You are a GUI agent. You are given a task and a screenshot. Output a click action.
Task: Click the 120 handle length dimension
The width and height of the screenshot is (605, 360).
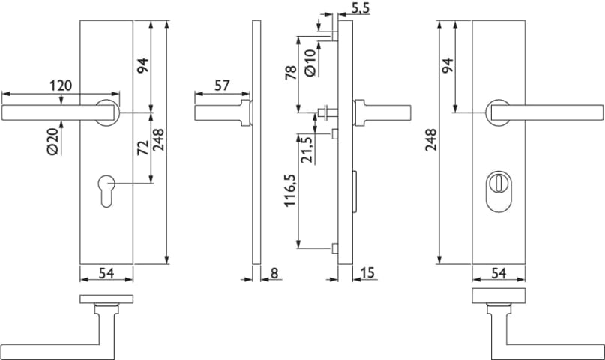[61, 85]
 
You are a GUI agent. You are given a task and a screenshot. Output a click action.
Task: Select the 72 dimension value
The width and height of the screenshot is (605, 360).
[143, 148]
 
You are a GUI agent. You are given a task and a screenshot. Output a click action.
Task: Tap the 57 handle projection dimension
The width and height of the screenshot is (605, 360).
[222, 85]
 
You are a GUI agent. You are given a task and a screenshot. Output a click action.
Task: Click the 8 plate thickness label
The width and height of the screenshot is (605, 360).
[274, 273]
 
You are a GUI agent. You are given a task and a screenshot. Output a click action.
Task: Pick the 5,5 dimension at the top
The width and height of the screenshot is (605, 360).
[361, 7]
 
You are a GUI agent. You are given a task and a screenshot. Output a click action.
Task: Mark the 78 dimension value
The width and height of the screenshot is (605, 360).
[291, 73]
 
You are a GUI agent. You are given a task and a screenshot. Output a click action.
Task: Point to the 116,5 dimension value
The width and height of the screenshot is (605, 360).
[290, 190]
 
